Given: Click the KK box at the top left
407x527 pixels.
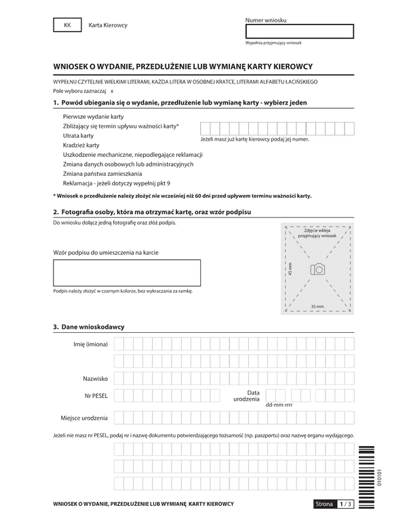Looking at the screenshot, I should click(x=66, y=25).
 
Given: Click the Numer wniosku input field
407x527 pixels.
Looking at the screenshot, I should click(x=299, y=31).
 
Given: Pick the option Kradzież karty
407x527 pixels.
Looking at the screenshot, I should click(x=81, y=145).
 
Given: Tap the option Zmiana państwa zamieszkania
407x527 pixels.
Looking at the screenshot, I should click(x=102, y=174).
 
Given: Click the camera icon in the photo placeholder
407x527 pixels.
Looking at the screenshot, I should click(x=317, y=270).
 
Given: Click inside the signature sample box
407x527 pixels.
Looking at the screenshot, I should click(x=127, y=272).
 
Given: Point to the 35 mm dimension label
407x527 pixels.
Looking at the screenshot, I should click(x=317, y=307).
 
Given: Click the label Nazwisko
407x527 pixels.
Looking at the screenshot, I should click(x=95, y=378).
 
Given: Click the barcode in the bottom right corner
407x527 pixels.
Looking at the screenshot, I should click(x=366, y=475).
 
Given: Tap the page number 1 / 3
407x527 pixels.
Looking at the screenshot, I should click(x=346, y=504).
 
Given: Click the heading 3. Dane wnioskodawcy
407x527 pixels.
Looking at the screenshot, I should click(x=88, y=327).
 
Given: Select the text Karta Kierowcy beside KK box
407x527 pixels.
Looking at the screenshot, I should click(x=108, y=25).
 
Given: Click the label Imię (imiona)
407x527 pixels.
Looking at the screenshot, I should click(x=91, y=344).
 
